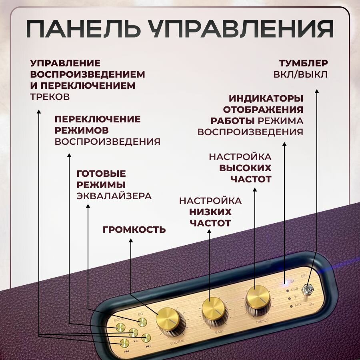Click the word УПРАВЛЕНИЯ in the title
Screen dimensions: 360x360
240,30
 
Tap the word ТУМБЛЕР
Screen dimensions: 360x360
304,63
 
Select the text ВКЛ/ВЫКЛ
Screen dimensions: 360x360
301,74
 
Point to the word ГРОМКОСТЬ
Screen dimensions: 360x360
134,230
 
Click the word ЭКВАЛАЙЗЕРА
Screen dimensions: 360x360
114,196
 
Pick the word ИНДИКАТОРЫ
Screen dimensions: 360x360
266,98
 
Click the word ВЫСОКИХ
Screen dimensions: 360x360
245,168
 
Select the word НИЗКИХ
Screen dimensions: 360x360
210,212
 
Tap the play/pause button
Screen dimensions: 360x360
133,332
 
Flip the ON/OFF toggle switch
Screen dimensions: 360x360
308,289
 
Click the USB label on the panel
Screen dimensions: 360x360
294,289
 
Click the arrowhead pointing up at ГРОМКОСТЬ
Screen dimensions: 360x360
131,241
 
